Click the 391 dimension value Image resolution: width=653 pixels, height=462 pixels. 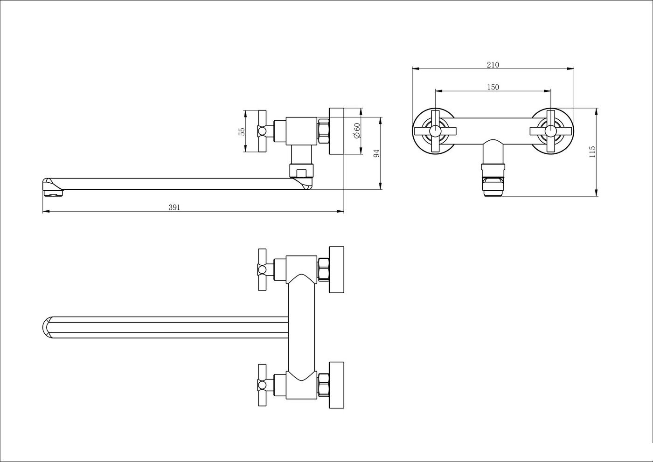pyautogui.click(x=174, y=207)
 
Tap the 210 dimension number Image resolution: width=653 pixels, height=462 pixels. pyautogui.click(x=493, y=65)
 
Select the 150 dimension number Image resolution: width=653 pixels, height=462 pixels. pyautogui.click(x=493, y=87)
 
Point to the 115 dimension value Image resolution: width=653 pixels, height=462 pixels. pyautogui.click(x=592, y=152)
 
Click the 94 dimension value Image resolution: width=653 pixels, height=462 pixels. pyautogui.click(x=377, y=153)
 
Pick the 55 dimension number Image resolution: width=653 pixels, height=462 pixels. pyautogui.click(x=242, y=131)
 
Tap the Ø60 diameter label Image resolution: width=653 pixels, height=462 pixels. pyautogui.click(x=356, y=131)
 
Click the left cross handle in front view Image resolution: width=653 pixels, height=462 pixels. pyautogui.click(x=435, y=131)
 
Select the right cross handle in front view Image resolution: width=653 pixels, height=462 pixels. pyautogui.click(x=551, y=131)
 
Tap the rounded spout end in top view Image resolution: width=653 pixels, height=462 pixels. pyautogui.click(x=48, y=327)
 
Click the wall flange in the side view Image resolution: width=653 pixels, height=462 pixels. pyautogui.click(x=336, y=131)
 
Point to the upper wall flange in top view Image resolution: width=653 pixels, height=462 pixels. pyautogui.click(x=336, y=269)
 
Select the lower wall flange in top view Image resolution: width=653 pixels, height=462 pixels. pyautogui.click(x=336, y=385)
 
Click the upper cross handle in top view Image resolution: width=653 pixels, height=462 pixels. pyautogui.click(x=262, y=269)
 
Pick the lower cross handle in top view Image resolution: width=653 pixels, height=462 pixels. pyautogui.click(x=262, y=385)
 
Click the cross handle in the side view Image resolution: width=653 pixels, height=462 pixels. pyautogui.click(x=262, y=131)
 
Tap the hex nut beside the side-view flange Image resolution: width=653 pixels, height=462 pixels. pyautogui.click(x=324, y=131)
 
